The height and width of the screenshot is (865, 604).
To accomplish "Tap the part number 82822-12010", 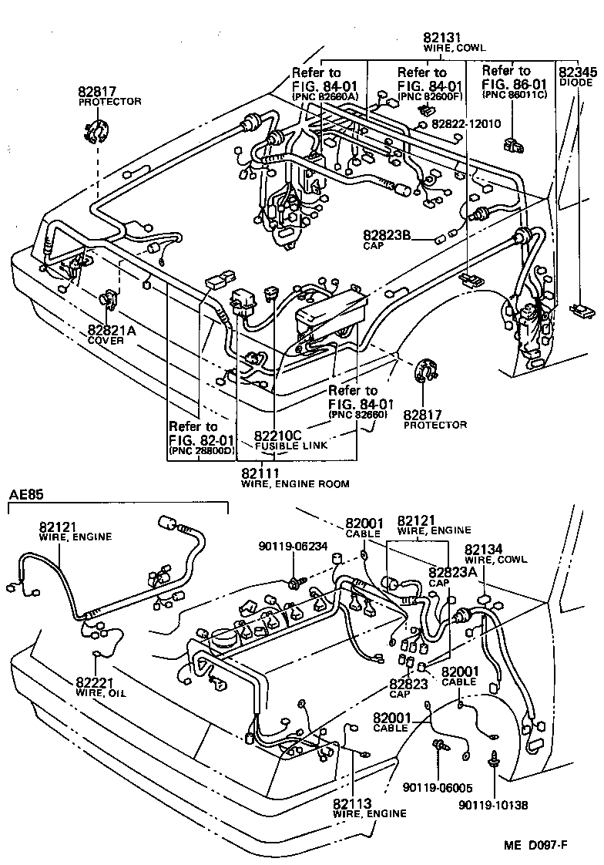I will tap(466, 123).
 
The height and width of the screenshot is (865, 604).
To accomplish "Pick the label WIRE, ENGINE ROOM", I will tap(295, 484).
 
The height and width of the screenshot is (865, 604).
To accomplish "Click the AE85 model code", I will tap(27, 495).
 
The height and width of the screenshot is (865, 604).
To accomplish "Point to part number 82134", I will tap(483, 550).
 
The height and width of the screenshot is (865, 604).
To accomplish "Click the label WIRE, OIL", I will tap(101, 693).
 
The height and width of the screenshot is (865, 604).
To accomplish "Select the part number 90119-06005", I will tap(438, 787).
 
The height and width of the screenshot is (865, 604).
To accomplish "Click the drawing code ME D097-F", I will tap(536, 846).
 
